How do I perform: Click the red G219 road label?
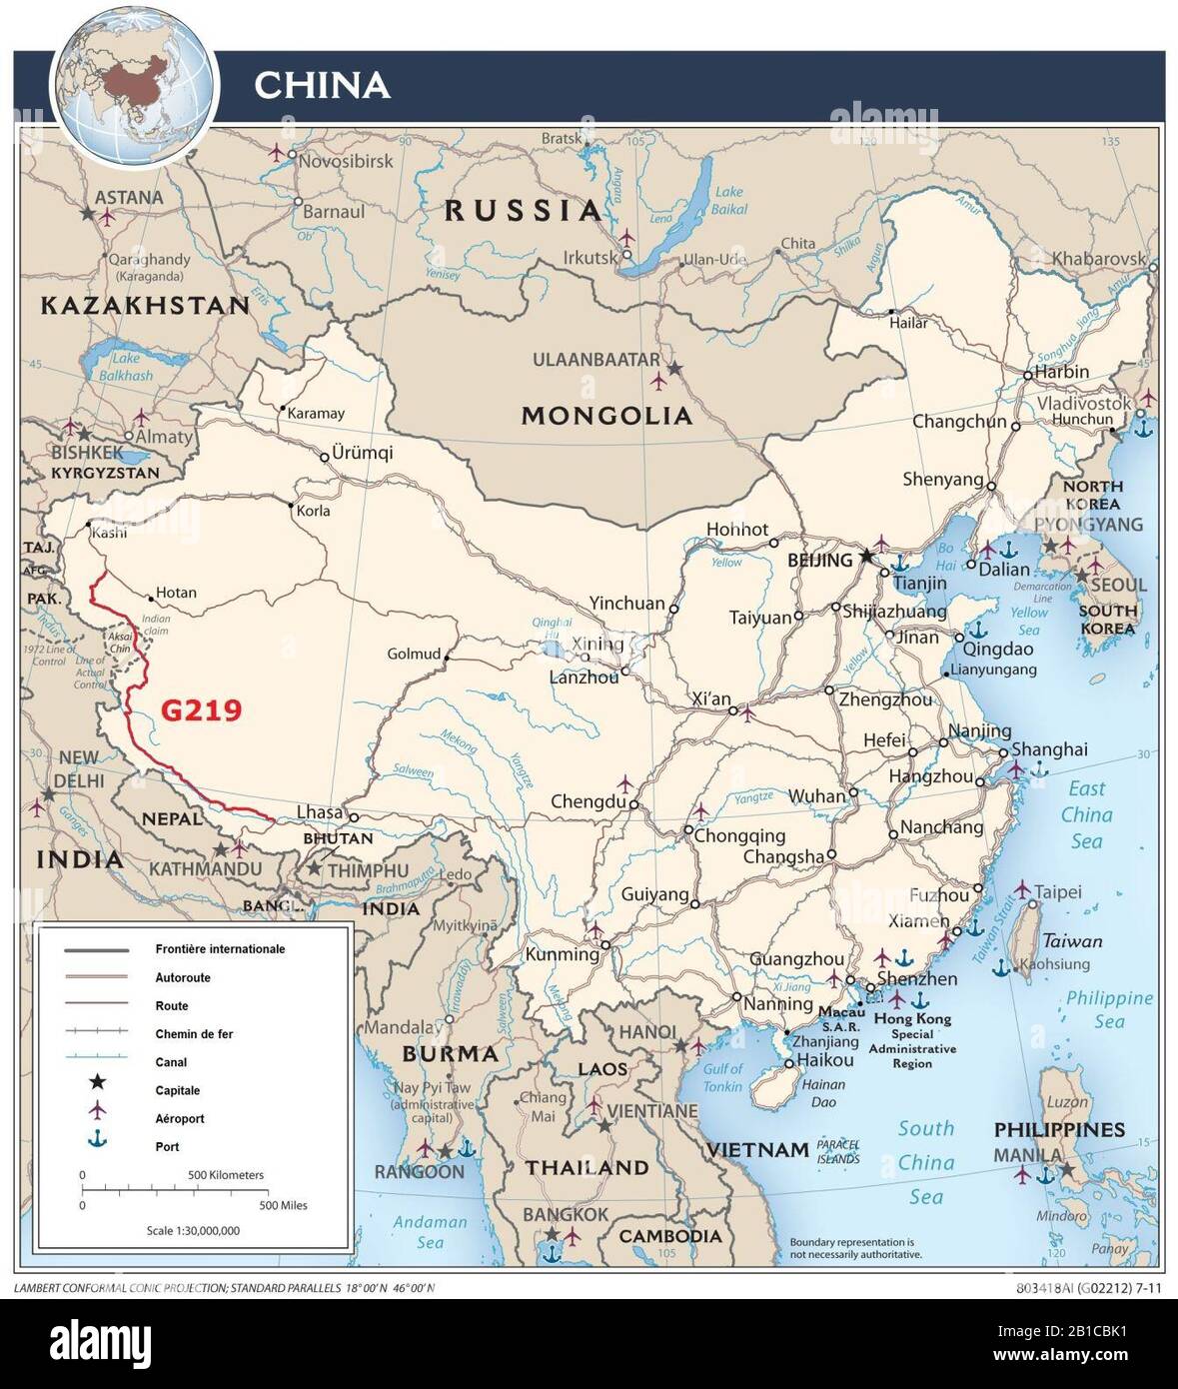(x=201, y=710)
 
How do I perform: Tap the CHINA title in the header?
(x=321, y=86)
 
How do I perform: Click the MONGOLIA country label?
(x=606, y=416)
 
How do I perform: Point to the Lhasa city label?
(x=320, y=812)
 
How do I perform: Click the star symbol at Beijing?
(x=866, y=556)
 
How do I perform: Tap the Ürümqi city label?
(x=363, y=453)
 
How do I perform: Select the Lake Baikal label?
(x=729, y=201)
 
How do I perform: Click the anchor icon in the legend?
(x=97, y=1139)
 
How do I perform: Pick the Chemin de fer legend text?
(x=194, y=1034)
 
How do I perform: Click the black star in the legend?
(x=97, y=1082)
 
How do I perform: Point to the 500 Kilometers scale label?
(x=227, y=1175)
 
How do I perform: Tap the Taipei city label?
(x=1057, y=892)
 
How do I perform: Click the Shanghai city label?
(x=1049, y=749)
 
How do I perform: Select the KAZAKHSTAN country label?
(x=145, y=306)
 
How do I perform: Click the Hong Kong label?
(x=912, y=1019)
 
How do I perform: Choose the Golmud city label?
(x=414, y=655)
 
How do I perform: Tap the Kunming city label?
(x=562, y=953)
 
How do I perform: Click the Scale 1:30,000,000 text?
(x=193, y=1231)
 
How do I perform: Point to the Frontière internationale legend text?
(x=220, y=949)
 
